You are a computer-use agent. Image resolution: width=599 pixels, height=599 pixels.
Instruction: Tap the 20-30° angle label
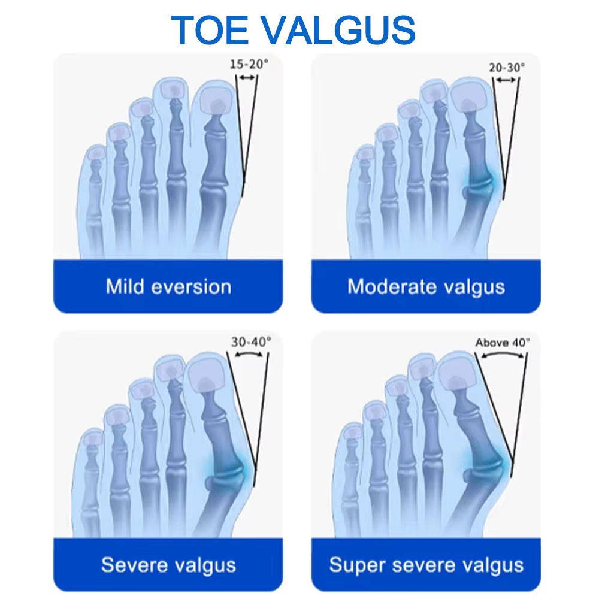(x=506, y=68)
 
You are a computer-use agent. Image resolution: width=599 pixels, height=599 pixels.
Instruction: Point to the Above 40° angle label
(x=502, y=343)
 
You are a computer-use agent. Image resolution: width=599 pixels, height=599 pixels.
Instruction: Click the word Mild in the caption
(x=125, y=286)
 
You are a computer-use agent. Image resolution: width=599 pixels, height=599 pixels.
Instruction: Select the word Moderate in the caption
(x=391, y=286)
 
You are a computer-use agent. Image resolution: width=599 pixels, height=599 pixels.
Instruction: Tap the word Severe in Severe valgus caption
(x=133, y=564)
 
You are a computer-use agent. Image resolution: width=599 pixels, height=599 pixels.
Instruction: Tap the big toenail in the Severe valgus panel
(x=207, y=375)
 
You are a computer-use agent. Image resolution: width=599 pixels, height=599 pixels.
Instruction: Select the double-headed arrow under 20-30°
(x=506, y=80)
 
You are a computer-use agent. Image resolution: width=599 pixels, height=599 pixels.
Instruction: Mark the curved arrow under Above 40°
(x=502, y=355)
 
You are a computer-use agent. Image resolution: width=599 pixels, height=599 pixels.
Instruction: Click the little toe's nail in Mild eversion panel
(x=95, y=155)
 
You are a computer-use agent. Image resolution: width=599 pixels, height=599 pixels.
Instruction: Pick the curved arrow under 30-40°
(x=249, y=354)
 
